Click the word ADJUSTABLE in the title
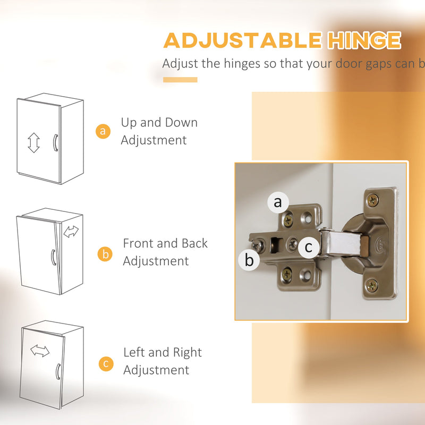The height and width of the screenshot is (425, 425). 243,40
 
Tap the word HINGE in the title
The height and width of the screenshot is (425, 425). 364,40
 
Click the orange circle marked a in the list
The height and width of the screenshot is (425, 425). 103,131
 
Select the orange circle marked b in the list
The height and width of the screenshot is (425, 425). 105,254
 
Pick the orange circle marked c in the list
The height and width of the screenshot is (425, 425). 106,363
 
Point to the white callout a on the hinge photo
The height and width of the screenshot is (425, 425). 278,202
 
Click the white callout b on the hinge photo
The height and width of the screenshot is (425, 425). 249,260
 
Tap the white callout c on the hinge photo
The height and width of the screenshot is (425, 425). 309,247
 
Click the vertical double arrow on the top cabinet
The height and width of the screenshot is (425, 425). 33,142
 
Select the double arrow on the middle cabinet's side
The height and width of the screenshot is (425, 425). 71,232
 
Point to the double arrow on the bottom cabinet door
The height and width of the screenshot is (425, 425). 40,351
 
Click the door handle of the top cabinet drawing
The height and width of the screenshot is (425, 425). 55,142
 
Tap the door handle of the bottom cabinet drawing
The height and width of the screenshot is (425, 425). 58,371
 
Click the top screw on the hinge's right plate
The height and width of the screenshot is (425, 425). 373,200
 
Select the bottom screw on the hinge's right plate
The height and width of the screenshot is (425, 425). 371,285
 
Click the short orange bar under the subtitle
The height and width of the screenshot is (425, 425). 180,80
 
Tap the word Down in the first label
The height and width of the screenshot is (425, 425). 181,123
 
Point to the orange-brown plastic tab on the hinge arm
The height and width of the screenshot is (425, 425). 365,246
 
